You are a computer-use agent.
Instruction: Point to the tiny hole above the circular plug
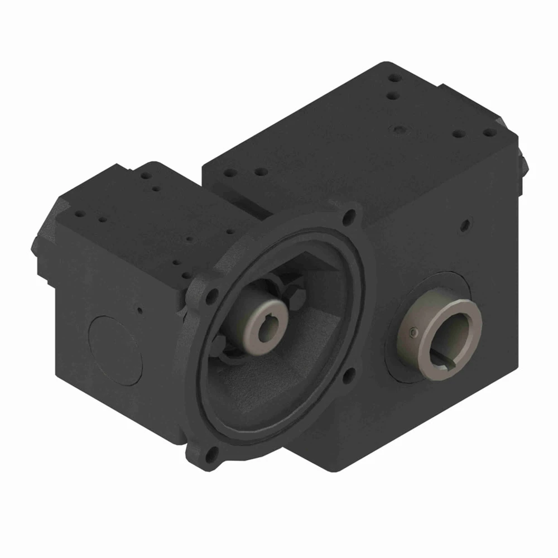pyautogui.click(x=140, y=310)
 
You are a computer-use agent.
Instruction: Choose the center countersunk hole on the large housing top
pyautogui.click(x=397, y=129)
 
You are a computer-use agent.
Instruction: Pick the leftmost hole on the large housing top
pyautogui.click(x=229, y=172)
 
